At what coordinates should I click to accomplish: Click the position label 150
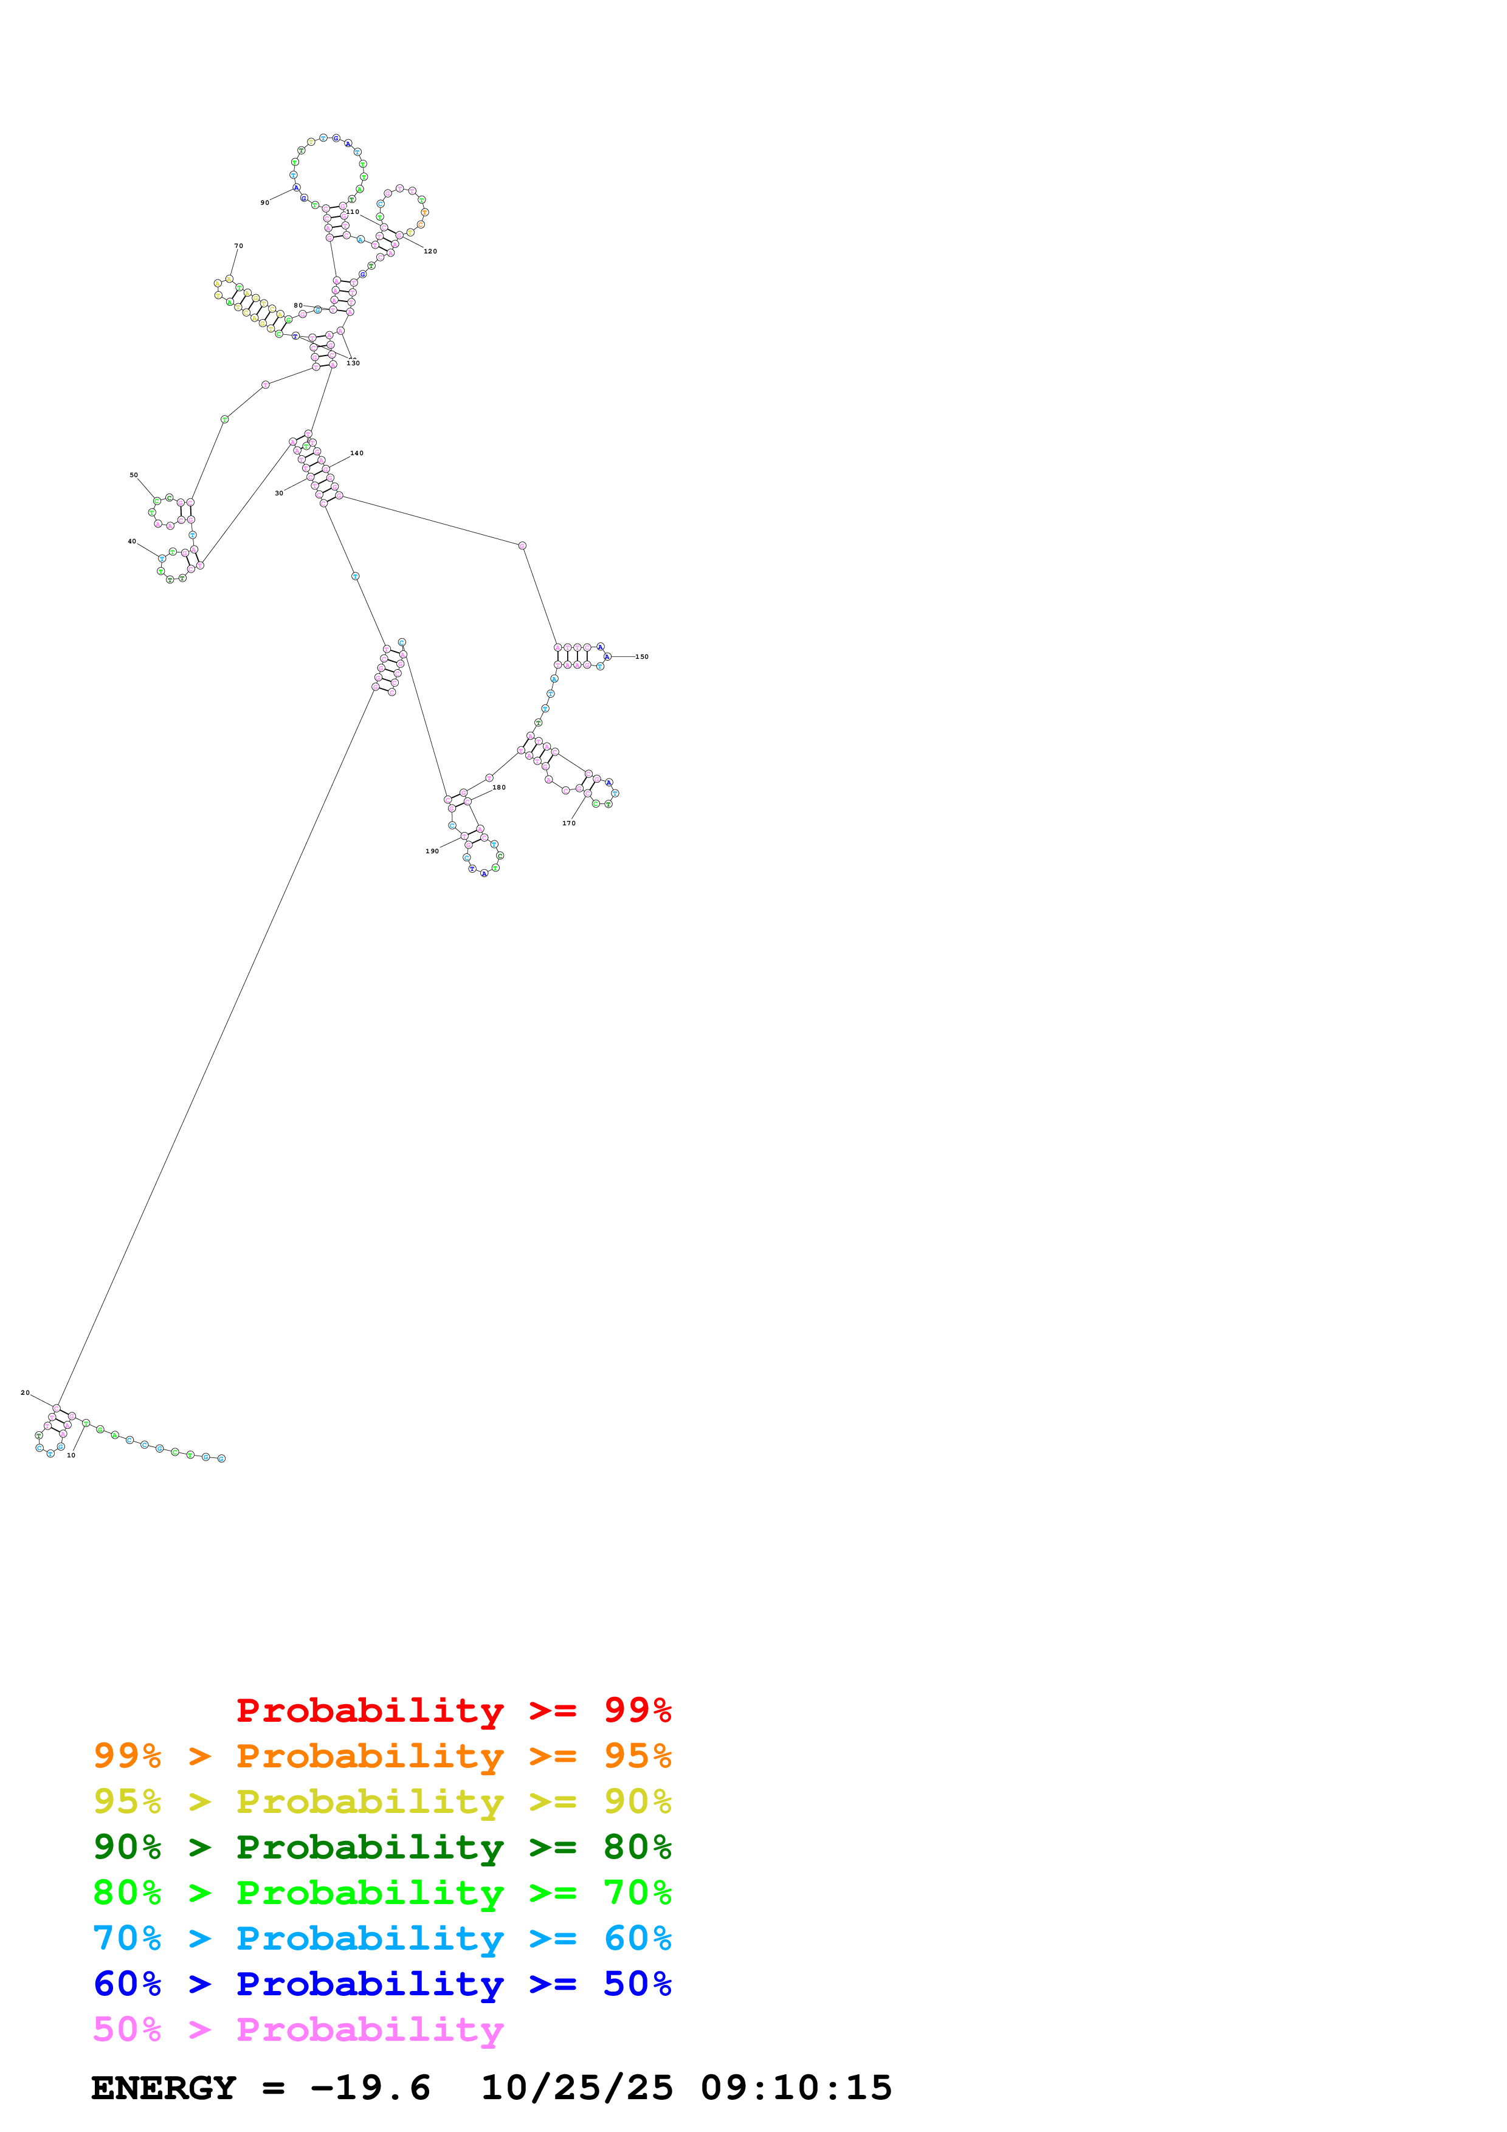click(x=641, y=656)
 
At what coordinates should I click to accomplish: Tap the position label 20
click(x=25, y=1393)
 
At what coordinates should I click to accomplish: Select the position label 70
click(x=239, y=246)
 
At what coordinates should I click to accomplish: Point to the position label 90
click(x=264, y=202)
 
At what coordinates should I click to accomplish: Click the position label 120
click(x=430, y=252)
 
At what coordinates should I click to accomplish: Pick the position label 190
click(x=432, y=851)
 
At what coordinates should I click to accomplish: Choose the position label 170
click(x=568, y=824)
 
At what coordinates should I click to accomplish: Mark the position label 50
click(x=134, y=475)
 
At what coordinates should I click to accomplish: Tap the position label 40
click(x=132, y=542)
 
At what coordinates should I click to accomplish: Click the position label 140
click(x=357, y=453)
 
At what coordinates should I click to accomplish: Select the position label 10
click(x=71, y=1455)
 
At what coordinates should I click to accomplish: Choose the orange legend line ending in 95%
click(x=382, y=1756)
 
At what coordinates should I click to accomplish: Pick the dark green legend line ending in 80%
click(x=382, y=1847)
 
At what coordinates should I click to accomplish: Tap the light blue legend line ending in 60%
click(x=382, y=1938)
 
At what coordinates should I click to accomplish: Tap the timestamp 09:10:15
click(x=796, y=2088)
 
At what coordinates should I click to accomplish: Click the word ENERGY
click(x=164, y=2088)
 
